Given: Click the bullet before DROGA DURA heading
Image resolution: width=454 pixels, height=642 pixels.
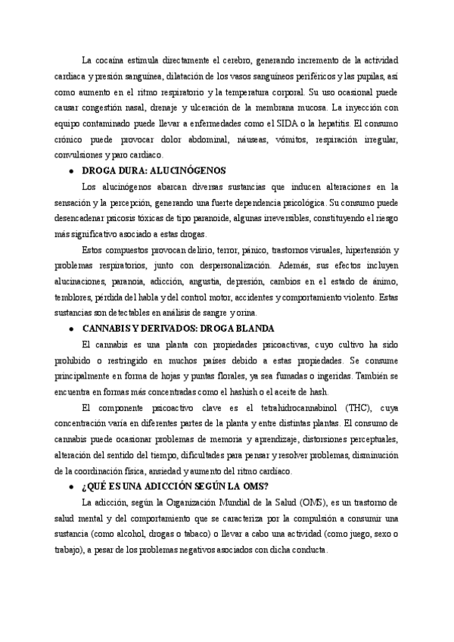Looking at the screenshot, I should pyautogui.click(x=70, y=171).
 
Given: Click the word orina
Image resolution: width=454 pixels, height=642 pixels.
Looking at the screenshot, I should pyautogui.click(x=245, y=313).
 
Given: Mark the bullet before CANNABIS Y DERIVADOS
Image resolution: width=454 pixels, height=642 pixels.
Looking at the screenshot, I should pyautogui.click(x=70, y=329).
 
